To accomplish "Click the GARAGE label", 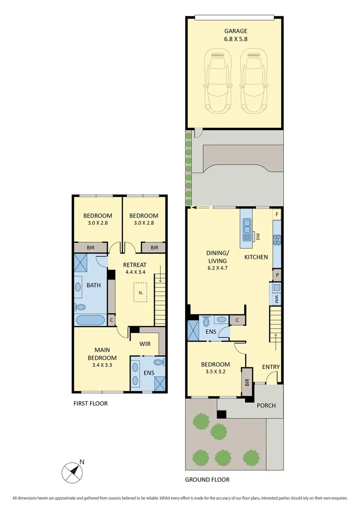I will click(x=236, y=31).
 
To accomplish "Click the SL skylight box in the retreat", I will click(x=140, y=293).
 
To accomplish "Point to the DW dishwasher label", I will click(x=258, y=237).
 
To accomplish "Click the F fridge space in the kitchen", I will click(x=277, y=214).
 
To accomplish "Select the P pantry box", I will click(x=277, y=275).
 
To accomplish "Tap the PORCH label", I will click(x=266, y=405).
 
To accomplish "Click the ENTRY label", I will click(x=270, y=367).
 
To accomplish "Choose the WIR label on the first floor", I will click(x=145, y=344).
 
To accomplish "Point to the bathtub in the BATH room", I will click(x=90, y=320).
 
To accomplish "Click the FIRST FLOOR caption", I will click(x=90, y=403).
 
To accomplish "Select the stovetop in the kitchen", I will click(x=277, y=240).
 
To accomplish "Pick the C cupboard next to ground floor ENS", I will click(x=237, y=320).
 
